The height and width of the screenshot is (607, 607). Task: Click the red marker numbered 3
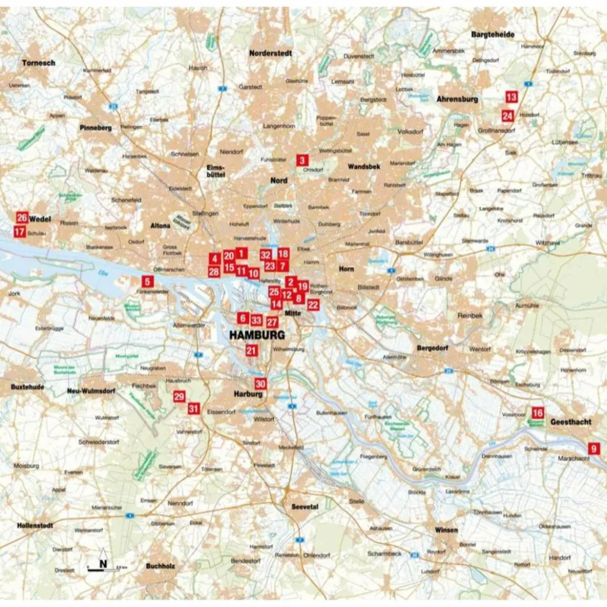coord(302,160)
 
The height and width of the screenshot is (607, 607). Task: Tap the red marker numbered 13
coord(511,97)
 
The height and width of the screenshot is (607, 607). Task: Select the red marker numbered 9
coord(595,448)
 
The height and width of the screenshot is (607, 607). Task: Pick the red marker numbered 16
coord(538,413)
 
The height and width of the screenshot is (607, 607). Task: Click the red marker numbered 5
coord(147,281)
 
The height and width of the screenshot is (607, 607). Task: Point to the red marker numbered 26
coord(23,217)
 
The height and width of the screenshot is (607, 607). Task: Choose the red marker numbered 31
coord(194,408)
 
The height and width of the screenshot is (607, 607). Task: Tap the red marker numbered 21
coord(251,350)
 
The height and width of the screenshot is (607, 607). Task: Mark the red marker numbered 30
coord(260,384)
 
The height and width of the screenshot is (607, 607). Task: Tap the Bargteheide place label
coord(493,34)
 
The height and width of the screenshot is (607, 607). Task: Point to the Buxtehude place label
coord(26,388)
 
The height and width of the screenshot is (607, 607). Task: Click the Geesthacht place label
coord(571,423)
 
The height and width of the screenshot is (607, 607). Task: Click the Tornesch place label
coord(39,63)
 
